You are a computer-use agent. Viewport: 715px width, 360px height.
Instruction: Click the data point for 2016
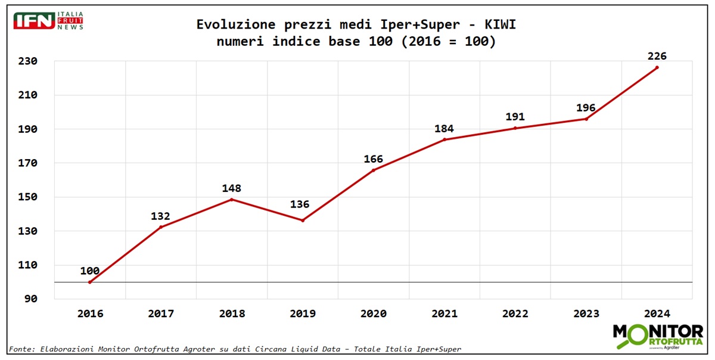coord(90,282)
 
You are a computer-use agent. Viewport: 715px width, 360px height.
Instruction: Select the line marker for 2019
coord(303,221)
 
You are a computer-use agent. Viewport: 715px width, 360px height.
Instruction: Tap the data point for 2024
coord(657,67)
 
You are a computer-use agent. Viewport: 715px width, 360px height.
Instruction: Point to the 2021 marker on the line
coord(444,139)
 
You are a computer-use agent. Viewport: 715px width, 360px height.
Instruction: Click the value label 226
coord(657,56)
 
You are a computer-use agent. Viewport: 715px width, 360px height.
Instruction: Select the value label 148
coord(231,188)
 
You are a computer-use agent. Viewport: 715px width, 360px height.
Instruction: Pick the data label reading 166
coord(374,159)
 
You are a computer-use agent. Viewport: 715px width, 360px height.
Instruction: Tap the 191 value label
coord(515,117)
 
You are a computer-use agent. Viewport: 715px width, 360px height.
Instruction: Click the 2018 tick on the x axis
coord(231,314)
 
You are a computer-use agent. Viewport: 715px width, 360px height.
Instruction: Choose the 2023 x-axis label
coord(586,314)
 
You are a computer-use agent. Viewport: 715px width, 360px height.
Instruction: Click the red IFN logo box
coord(35,21)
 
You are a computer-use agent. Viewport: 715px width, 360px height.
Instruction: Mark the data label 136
coord(300,204)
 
